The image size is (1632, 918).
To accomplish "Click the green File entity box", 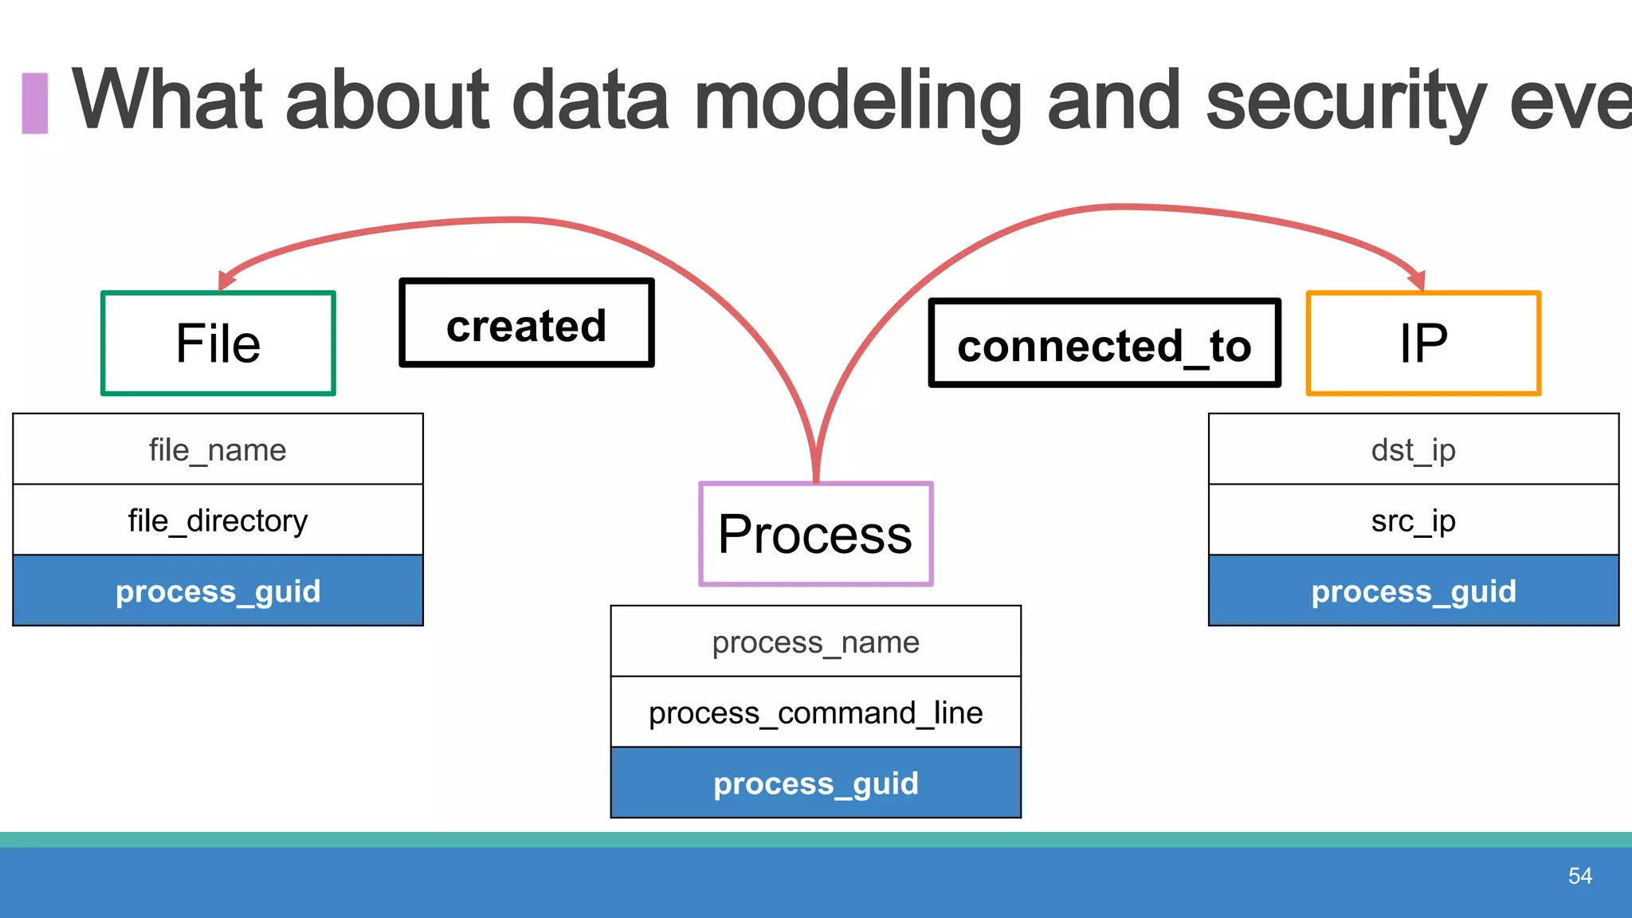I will coord(218,343).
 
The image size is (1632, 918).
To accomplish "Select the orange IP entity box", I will coord(1423,343).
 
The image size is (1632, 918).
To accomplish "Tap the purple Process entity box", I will coord(815,534).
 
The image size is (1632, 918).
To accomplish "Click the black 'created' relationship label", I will coord(527,323).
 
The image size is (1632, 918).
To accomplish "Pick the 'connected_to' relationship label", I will coord(1104,343).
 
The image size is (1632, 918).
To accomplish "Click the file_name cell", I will coord(218,449).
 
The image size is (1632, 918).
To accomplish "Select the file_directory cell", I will coord(218,520).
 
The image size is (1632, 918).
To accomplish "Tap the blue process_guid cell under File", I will coord(218,590).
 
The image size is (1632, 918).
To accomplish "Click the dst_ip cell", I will coord(1414,449).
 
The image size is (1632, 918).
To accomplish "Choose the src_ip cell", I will coord(1414,520).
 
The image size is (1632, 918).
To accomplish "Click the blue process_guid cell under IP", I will coord(1414,590).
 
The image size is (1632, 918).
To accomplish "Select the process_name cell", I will coord(815,641).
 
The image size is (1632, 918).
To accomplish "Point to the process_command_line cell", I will coord(815,712).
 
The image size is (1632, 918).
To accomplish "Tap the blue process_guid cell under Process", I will coord(815,783).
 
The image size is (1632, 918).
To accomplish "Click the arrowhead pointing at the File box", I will coord(226,280).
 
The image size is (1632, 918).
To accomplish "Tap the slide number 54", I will coord(1579,876).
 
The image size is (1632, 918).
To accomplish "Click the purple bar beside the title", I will coord(35,103).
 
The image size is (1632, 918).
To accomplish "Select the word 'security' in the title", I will coord(1346,101).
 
